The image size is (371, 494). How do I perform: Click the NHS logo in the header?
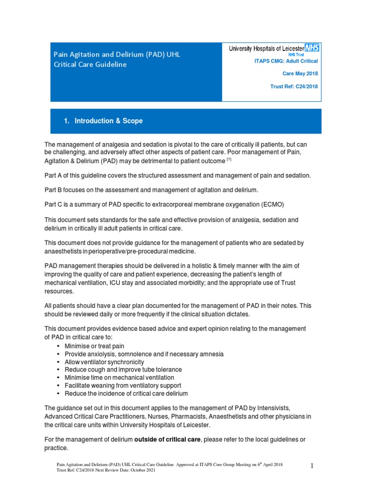click(x=312, y=48)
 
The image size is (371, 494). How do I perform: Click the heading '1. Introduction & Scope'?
click(x=103, y=121)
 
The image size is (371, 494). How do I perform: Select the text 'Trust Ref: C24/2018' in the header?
click(x=294, y=87)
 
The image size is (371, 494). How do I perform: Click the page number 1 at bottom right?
click(x=312, y=466)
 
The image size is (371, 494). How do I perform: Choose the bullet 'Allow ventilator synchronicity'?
click(x=104, y=362)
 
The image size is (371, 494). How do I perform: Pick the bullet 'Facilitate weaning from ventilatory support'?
click(x=123, y=385)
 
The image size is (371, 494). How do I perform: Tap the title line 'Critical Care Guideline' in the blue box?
click(x=90, y=64)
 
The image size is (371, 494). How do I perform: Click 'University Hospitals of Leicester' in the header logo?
click(x=267, y=49)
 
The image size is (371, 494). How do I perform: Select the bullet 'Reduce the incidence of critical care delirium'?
click(x=126, y=393)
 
